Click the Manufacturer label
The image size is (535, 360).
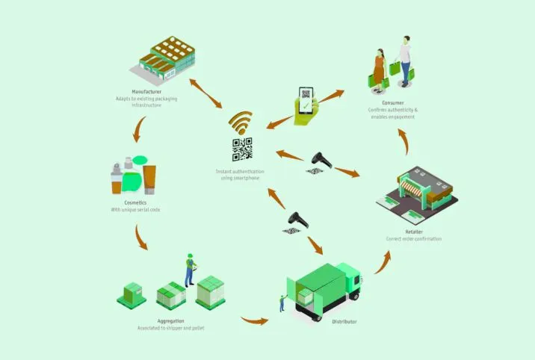pyautogui.click(x=146, y=92)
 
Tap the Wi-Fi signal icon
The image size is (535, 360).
pyautogui.click(x=241, y=122)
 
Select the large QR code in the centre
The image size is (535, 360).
pyautogui.click(x=242, y=149)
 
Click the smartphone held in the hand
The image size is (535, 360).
pyautogui.click(x=306, y=101)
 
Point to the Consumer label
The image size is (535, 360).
pyautogui.click(x=393, y=102)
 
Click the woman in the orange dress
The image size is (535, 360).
pyautogui.click(x=379, y=71)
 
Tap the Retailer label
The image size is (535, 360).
pyautogui.click(x=414, y=232)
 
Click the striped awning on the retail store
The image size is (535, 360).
pyautogui.click(x=411, y=188)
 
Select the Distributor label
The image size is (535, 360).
pyautogui.click(x=344, y=321)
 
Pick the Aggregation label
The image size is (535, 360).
pyautogui.click(x=170, y=321)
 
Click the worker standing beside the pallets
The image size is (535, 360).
pyautogui.click(x=190, y=270)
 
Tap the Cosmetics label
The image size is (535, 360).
pyautogui.click(x=135, y=202)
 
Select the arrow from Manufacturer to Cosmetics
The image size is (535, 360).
pyautogui.click(x=139, y=129)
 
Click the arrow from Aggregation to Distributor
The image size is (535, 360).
pyautogui.click(x=255, y=320)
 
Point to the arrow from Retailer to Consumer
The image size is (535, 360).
pyautogui.click(x=403, y=141)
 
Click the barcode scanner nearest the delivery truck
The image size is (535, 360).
pyautogui.click(x=298, y=220)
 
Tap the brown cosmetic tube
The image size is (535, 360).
pyautogui.click(x=149, y=179)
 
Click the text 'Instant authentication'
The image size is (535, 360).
pyautogui.click(x=240, y=172)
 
